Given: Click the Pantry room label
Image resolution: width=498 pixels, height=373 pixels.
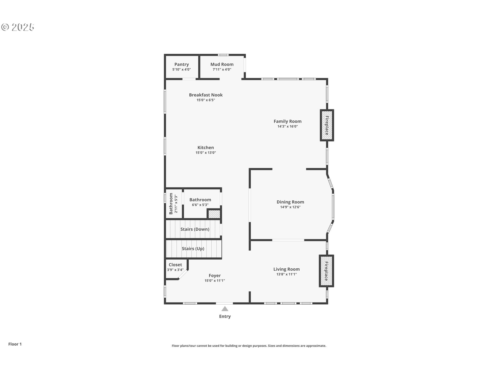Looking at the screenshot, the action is [x=182, y=64].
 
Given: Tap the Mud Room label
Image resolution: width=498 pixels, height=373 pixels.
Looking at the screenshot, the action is [x=222, y=64].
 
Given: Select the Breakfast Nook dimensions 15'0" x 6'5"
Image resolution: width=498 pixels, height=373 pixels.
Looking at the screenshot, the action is [x=206, y=100].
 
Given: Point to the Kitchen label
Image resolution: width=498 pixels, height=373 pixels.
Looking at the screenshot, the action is [x=206, y=148].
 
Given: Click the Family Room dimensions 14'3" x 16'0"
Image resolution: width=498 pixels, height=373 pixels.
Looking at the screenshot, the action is [x=288, y=126].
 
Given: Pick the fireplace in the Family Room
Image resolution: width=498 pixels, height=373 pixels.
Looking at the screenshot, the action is [x=327, y=125].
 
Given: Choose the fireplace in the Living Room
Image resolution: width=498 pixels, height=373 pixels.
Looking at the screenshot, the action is [x=326, y=271].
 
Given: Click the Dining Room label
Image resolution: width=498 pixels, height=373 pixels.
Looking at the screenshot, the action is [x=290, y=202].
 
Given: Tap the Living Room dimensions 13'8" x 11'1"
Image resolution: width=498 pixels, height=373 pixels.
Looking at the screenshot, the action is [x=287, y=274].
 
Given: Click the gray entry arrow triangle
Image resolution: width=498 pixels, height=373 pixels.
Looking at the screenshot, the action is [x=225, y=309].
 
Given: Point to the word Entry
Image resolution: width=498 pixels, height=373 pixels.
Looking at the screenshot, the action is [x=225, y=317].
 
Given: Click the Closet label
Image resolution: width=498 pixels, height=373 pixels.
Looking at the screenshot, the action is [x=175, y=265].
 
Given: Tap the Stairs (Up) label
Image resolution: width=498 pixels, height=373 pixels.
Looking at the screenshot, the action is [x=193, y=249].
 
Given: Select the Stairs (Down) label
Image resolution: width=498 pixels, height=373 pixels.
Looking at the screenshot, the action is [x=195, y=229].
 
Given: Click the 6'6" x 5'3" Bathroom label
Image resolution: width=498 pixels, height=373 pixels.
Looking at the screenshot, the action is [x=200, y=202].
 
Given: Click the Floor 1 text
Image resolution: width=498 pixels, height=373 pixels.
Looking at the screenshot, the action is [x=15, y=344].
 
